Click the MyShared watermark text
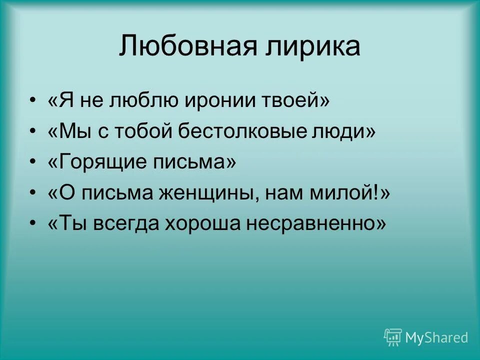tap(436, 337)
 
